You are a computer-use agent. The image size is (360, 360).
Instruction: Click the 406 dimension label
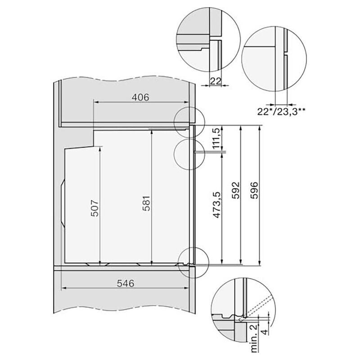(x=140, y=97)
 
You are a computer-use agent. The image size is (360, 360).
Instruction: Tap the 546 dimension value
(x=126, y=283)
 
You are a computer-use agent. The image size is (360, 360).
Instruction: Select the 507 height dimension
(x=95, y=208)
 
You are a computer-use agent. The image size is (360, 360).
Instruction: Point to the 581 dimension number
(x=146, y=203)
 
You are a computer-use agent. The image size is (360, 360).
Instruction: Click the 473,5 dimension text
(x=217, y=205)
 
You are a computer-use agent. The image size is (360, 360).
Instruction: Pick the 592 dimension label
(x=236, y=190)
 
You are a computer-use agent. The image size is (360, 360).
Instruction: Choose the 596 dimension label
(x=255, y=190)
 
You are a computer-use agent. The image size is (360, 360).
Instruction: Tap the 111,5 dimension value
(x=217, y=139)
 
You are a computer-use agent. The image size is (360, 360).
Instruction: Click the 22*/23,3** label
(x=281, y=112)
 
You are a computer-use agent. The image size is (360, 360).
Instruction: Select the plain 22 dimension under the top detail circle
(x=216, y=81)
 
